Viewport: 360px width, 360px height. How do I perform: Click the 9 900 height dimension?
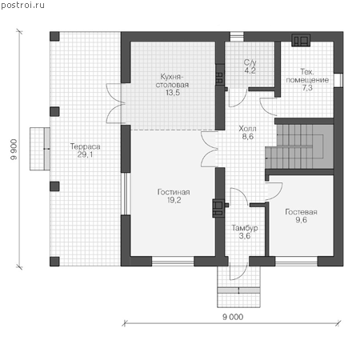(x=14, y=150)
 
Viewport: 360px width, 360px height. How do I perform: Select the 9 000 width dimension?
(x=233, y=317)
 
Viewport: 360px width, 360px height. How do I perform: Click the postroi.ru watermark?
(x=22, y=6)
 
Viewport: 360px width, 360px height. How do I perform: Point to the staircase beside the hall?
(x=299, y=146)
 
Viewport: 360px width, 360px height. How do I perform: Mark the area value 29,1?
(x=86, y=154)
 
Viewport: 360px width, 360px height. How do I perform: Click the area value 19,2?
(x=174, y=200)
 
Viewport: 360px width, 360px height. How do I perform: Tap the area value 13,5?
(x=173, y=93)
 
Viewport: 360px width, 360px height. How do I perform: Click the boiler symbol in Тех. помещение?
(x=301, y=40)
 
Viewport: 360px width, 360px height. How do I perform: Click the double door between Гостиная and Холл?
(x=210, y=150)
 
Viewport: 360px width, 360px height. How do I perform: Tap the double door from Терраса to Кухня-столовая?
(x=115, y=103)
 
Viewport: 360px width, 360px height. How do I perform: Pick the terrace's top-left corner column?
(x=54, y=36)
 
